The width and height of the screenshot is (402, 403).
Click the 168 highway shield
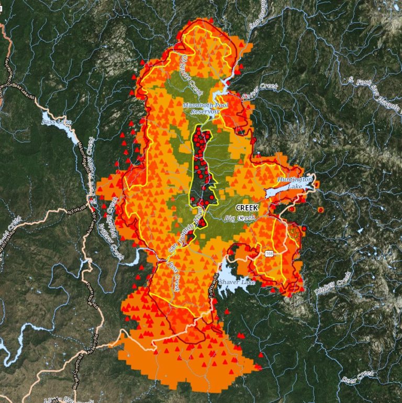tap(269, 254)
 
